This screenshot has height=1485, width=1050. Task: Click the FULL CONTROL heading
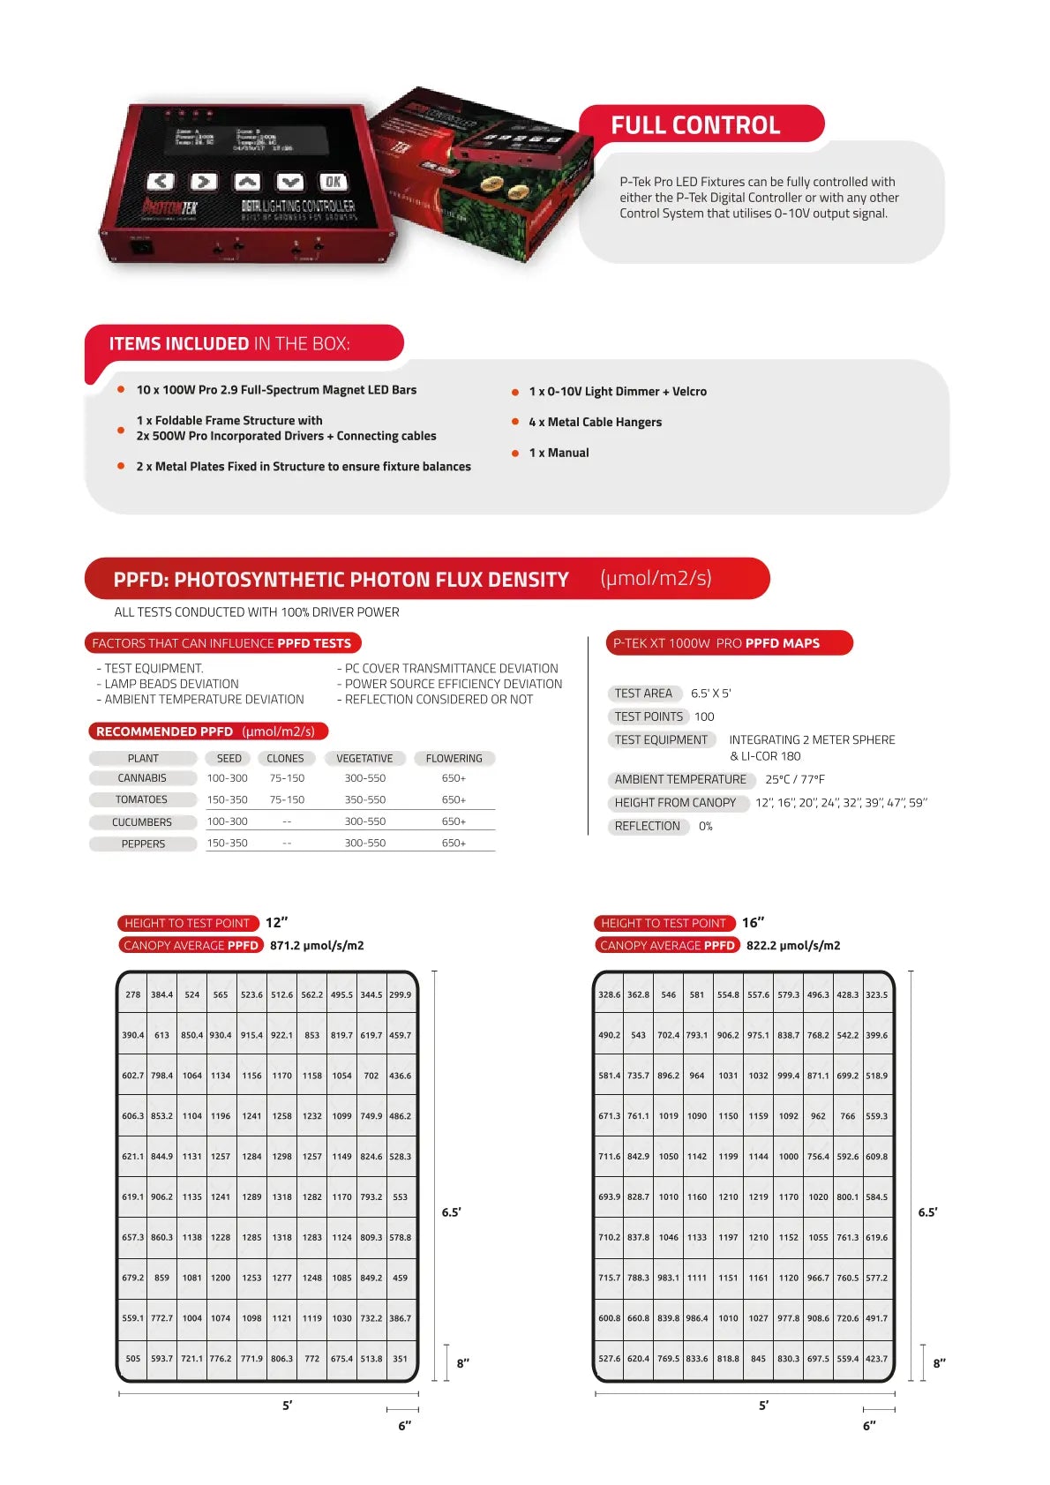(695, 125)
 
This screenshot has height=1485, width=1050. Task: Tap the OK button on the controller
(333, 182)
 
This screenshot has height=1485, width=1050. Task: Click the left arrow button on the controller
(160, 182)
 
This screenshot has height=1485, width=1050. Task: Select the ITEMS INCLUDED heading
(229, 343)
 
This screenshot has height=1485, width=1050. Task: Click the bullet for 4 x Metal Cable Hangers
(515, 422)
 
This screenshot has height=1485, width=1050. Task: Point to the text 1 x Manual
(559, 453)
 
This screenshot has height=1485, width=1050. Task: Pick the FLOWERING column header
(454, 758)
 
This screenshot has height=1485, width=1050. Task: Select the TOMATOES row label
(141, 799)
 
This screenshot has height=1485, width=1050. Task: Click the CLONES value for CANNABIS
(287, 778)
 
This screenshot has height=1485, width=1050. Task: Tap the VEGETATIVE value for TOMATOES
(364, 799)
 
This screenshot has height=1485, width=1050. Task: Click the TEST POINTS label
(649, 716)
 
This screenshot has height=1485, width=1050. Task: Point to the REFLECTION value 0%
(705, 826)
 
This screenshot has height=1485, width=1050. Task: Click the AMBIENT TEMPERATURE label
(680, 779)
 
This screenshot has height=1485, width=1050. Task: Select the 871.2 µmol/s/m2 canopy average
(317, 945)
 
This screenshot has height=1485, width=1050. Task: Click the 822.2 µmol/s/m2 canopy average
(793, 945)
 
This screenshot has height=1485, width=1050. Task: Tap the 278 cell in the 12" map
(132, 994)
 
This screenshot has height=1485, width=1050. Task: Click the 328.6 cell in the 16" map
(609, 994)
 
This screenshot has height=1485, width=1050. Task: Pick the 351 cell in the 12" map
(400, 1359)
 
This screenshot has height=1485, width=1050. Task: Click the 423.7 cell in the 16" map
(876, 1359)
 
